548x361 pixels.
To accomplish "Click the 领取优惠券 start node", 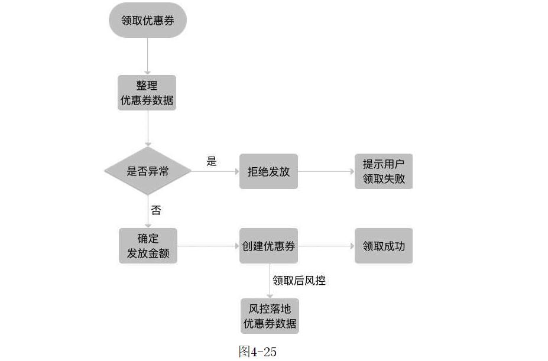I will coord(147,21).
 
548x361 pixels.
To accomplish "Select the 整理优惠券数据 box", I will coord(147,93).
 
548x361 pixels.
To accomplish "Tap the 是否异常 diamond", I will coord(148,171).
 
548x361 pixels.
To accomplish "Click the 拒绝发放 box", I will coord(268,171).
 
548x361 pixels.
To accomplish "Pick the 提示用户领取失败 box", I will coord(384,171).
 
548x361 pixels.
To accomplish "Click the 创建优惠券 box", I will coord(268,246).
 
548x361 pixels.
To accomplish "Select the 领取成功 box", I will coord(384,246).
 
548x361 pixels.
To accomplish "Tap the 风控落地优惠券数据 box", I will coord(270,316).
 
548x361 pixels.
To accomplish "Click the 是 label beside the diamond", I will coord(212,161).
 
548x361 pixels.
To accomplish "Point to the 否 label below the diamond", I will coord(156,210).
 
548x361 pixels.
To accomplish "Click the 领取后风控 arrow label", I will coord(299,281).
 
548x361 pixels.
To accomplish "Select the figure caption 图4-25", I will coord(257,352).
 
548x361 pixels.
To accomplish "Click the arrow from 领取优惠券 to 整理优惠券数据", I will coord(148,57).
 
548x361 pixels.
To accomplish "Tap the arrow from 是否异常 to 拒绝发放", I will coord(215,171).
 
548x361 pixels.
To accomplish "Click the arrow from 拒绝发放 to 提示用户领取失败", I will coord(326,171).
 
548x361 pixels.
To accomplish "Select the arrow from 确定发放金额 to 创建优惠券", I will coord(208,246).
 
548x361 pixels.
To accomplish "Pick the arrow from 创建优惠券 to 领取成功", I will coord(326,246).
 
